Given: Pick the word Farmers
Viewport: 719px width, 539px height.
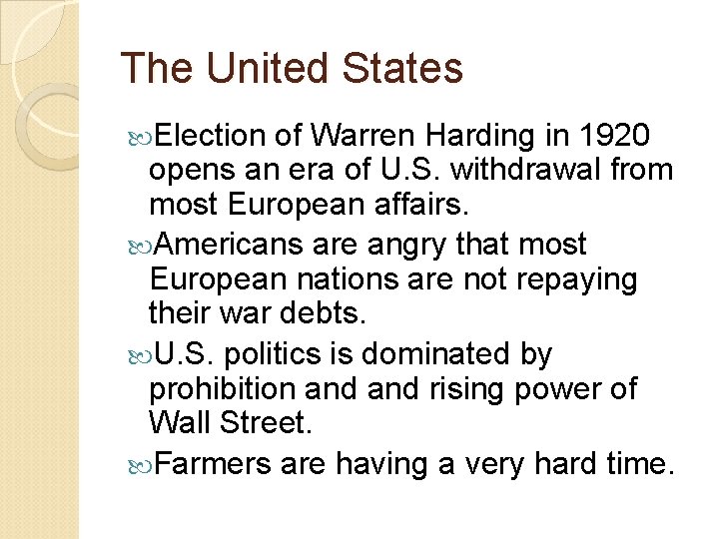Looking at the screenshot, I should click(215, 464).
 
